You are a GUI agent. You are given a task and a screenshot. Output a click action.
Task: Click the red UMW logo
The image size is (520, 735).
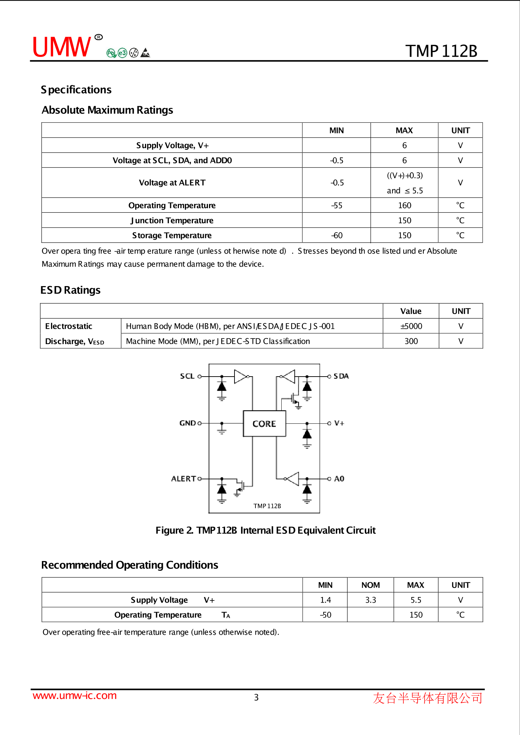(62, 47)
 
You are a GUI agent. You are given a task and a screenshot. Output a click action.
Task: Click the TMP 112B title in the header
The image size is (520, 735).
(441, 51)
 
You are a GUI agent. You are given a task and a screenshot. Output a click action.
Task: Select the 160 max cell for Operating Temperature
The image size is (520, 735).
(404, 205)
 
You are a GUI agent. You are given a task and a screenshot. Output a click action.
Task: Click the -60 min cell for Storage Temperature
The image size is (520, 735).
(337, 235)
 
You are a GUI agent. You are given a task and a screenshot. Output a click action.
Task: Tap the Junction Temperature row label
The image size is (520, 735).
(172, 220)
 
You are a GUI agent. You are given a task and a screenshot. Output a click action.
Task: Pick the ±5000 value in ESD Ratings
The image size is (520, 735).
(411, 326)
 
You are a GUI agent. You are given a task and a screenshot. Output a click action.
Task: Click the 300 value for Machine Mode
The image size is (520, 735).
(411, 341)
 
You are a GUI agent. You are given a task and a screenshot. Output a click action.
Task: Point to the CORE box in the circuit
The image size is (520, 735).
(264, 424)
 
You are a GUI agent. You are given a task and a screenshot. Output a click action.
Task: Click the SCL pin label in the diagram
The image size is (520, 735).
(187, 376)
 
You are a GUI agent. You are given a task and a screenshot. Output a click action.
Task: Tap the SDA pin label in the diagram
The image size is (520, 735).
(341, 376)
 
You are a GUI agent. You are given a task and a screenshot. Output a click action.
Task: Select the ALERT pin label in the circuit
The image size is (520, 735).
(183, 479)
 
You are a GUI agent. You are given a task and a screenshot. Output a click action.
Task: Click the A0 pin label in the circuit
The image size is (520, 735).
(339, 479)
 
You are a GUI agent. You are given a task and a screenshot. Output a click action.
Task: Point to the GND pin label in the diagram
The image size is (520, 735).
(188, 423)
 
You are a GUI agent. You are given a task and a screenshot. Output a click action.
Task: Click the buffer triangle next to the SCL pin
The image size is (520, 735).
(240, 377)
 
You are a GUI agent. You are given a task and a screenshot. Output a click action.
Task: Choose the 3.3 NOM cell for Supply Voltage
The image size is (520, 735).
(370, 600)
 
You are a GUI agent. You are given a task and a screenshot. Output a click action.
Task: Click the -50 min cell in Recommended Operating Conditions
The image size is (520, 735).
(325, 615)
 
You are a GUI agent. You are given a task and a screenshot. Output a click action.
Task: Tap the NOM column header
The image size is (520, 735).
(370, 585)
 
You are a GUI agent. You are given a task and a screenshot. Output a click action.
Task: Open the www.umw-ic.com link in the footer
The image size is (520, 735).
(74, 696)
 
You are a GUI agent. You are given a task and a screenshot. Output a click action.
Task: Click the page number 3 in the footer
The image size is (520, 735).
(256, 698)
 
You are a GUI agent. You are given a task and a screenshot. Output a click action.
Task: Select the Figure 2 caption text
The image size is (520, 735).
(265, 530)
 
